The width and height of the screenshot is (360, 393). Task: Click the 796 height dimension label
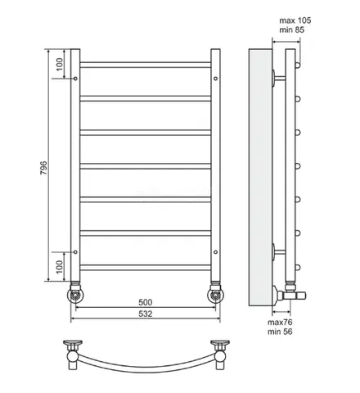click(x=43, y=168)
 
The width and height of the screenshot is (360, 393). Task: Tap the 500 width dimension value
click(x=146, y=302)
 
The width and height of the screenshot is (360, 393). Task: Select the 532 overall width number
click(x=146, y=314)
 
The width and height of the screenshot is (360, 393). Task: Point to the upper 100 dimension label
click(x=60, y=65)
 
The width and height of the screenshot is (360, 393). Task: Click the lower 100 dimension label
click(x=60, y=267)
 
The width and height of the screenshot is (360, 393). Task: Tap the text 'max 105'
click(x=295, y=20)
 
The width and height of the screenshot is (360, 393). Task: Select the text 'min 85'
click(x=291, y=29)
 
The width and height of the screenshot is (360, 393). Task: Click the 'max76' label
click(x=280, y=323)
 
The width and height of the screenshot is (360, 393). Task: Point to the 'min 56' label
click(x=280, y=332)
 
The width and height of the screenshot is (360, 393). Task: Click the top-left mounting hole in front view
click(x=75, y=79)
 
